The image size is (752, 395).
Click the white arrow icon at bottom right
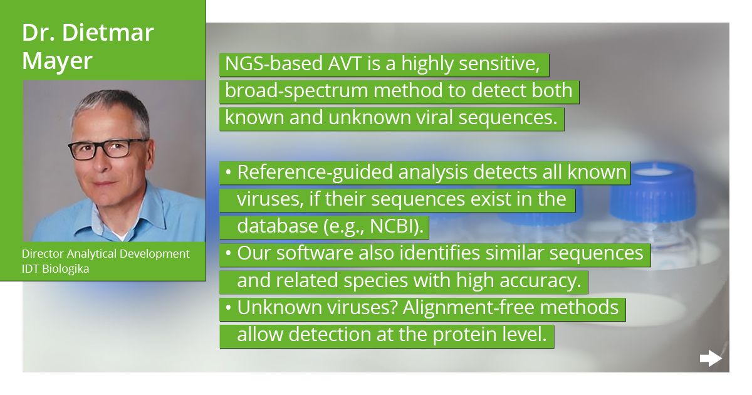click(x=711, y=359)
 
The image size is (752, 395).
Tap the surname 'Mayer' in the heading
click(x=58, y=61)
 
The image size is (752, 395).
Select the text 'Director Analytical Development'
click(x=105, y=254)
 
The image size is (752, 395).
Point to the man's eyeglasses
click(x=107, y=149)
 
